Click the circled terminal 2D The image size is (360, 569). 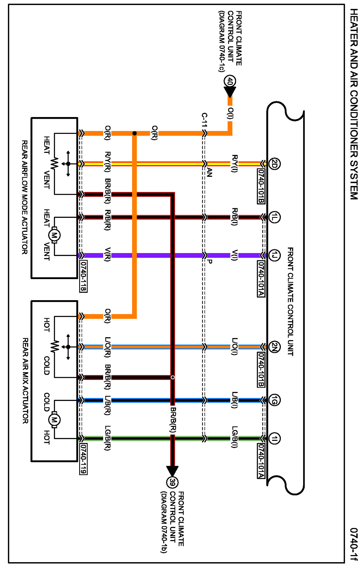[x=274, y=164]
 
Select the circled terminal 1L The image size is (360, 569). [x=274, y=217]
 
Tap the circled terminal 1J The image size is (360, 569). [x=274, y=255]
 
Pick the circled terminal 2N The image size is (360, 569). [x=274, y=347]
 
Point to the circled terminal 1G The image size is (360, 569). [x=274, y=400]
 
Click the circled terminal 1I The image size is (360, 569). [x=274, y=438]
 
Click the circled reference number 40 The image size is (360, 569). [x=230, y=81]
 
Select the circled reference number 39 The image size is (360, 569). [x=172, y=482]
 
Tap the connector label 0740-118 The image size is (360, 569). [x=83, y=276]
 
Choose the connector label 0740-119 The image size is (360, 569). [x=83, y=459]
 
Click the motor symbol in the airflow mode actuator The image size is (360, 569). [x=54, y=235]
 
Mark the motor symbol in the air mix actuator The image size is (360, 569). [x=54, y=419]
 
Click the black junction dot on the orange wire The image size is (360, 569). [x=134, y=133]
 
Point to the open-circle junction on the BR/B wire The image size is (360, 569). [x=173, y=377]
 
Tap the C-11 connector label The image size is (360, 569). [x=204, y=120]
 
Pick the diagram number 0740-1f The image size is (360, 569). [x=353, y=544]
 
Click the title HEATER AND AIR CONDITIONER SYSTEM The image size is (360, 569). [x=353, y=104]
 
